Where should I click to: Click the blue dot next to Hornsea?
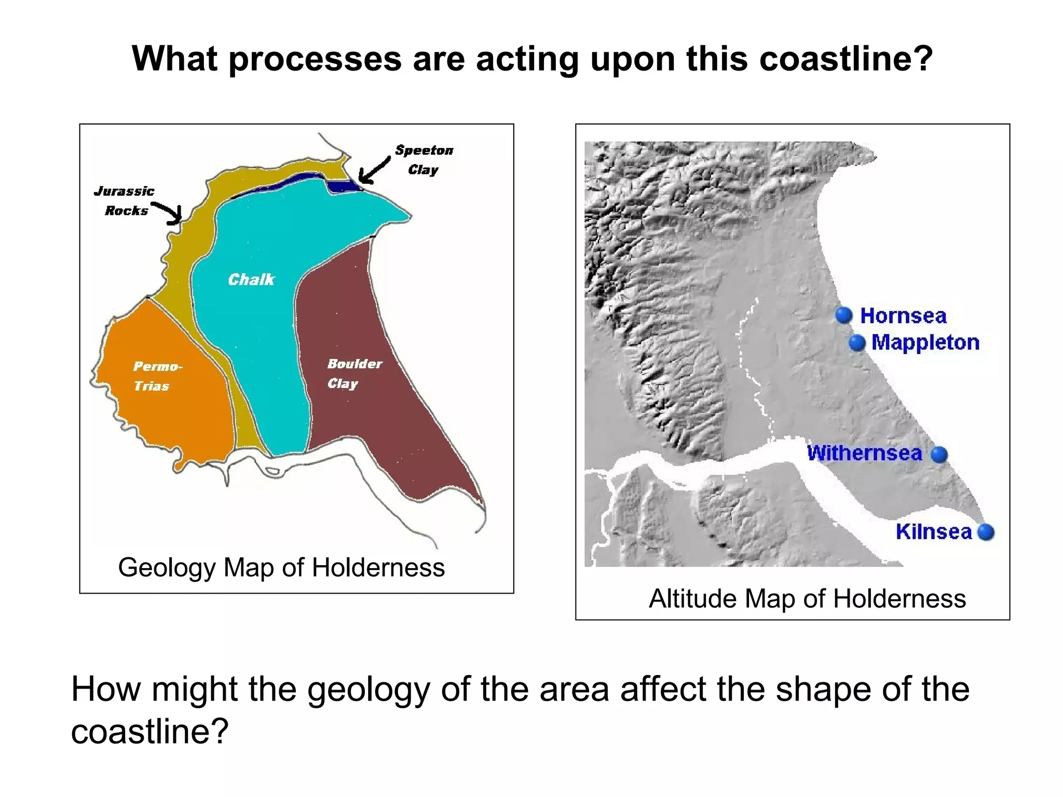[844, 315]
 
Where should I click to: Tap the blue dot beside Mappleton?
[857, 342]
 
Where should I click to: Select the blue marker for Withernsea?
[939, 455]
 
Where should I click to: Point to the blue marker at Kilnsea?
[985, 532]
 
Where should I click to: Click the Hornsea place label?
[903, 315]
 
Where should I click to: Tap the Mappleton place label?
[925, 342]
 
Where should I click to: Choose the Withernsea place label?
[864, 453]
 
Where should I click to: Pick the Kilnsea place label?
[933, 532]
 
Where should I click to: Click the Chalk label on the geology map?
[251, 280]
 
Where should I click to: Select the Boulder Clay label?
[353, 374]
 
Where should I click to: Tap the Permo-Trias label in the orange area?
[156, 376]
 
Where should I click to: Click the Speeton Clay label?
[424, 160]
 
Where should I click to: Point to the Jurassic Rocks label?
[125, 201]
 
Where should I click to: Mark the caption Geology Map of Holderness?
[281, 567]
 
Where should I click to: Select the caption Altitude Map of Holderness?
[807, 598]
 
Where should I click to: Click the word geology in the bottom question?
[369, 689]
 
